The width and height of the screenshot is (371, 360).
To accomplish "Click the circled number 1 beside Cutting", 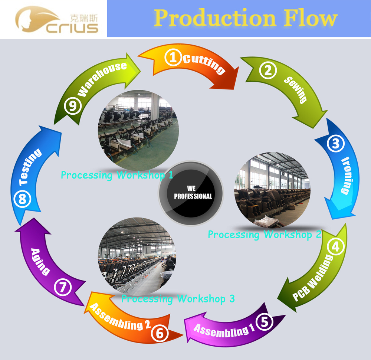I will click(x=173, y=58).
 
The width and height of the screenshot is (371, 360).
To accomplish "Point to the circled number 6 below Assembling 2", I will click(x=160, y=333).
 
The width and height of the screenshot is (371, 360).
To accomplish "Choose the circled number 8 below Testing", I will click(x=22, y=200).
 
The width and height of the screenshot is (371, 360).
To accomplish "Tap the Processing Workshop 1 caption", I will click(x=117, y=175).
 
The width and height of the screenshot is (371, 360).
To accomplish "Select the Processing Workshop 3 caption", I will click(x=178, y=298).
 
